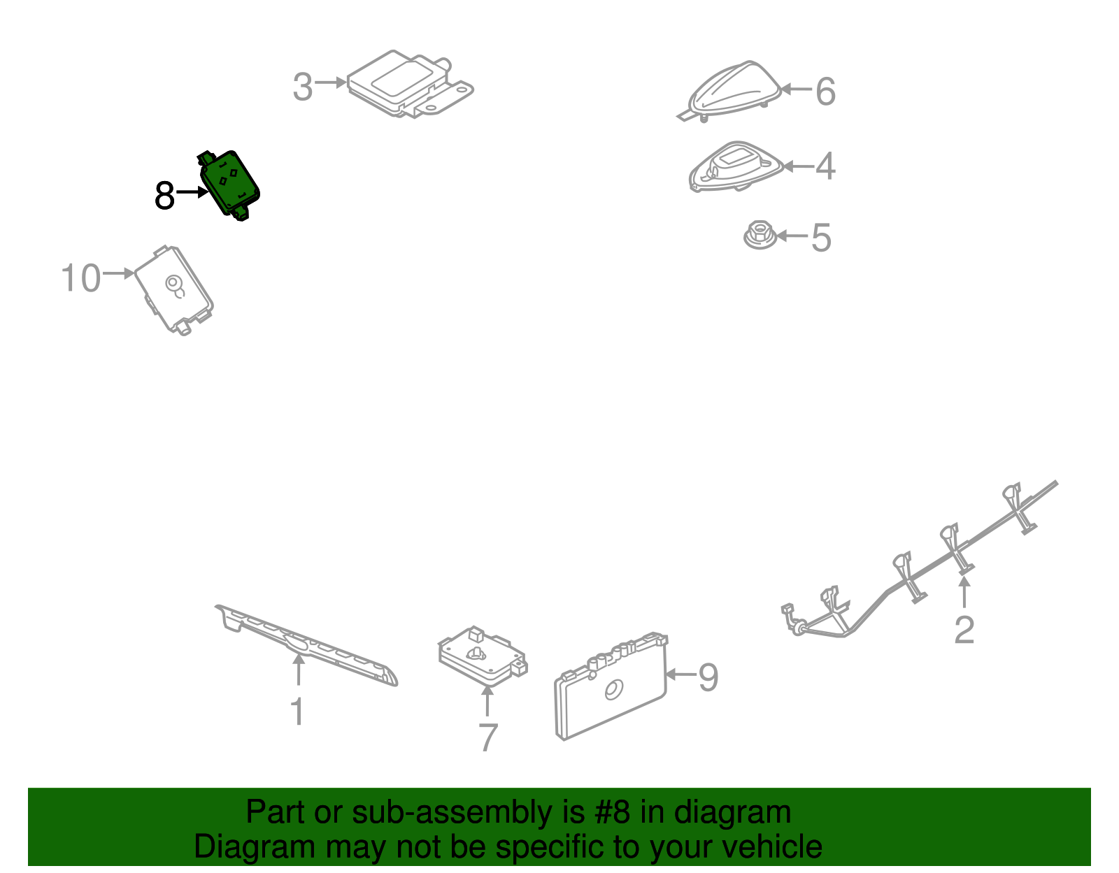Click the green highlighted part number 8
coord(229,185)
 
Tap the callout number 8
coord(165,196)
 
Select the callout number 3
coord(302,87)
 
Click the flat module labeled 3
coord(410,84)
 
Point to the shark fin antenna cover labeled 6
coord(732,91)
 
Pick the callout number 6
coord(825,92)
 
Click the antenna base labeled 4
coord(735,166)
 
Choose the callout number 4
coord(825,166)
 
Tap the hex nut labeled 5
coord(760,236)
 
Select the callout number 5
coord(821,238)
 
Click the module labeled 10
coord(174,290)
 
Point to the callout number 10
coord(80,277)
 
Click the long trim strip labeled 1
coord(306,645)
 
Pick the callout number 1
coord(298,712)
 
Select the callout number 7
coord(488,737)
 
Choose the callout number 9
coord(708,677)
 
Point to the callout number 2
coord(964,630)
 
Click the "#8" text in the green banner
coord(612,812)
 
